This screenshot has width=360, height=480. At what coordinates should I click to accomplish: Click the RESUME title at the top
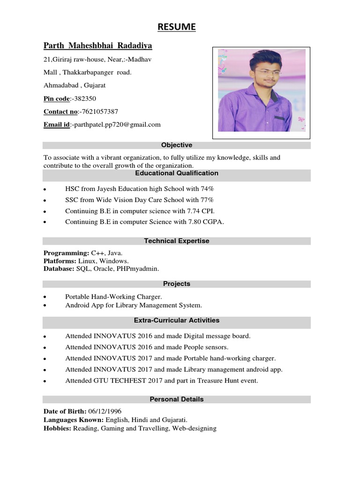pos(176,27)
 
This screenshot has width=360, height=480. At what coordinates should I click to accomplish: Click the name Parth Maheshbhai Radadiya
pos(97,45)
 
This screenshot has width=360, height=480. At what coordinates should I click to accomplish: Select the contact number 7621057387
pos(99,112)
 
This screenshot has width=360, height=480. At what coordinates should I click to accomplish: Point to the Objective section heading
pos(176,145)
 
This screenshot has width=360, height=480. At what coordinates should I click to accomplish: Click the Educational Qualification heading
pos(176,173)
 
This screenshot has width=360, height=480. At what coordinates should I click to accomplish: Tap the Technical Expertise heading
pos(176,241)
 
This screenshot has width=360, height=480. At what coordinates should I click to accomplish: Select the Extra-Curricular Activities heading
pos(176,321)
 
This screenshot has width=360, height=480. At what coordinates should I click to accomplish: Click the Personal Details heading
pos(176,399)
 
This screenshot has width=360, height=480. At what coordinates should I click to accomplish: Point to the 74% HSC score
pos(207,188)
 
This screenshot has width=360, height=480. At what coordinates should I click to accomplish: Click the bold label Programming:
pos(66,253)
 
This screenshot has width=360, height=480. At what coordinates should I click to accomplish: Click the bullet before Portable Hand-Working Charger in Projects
pos(44,297)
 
